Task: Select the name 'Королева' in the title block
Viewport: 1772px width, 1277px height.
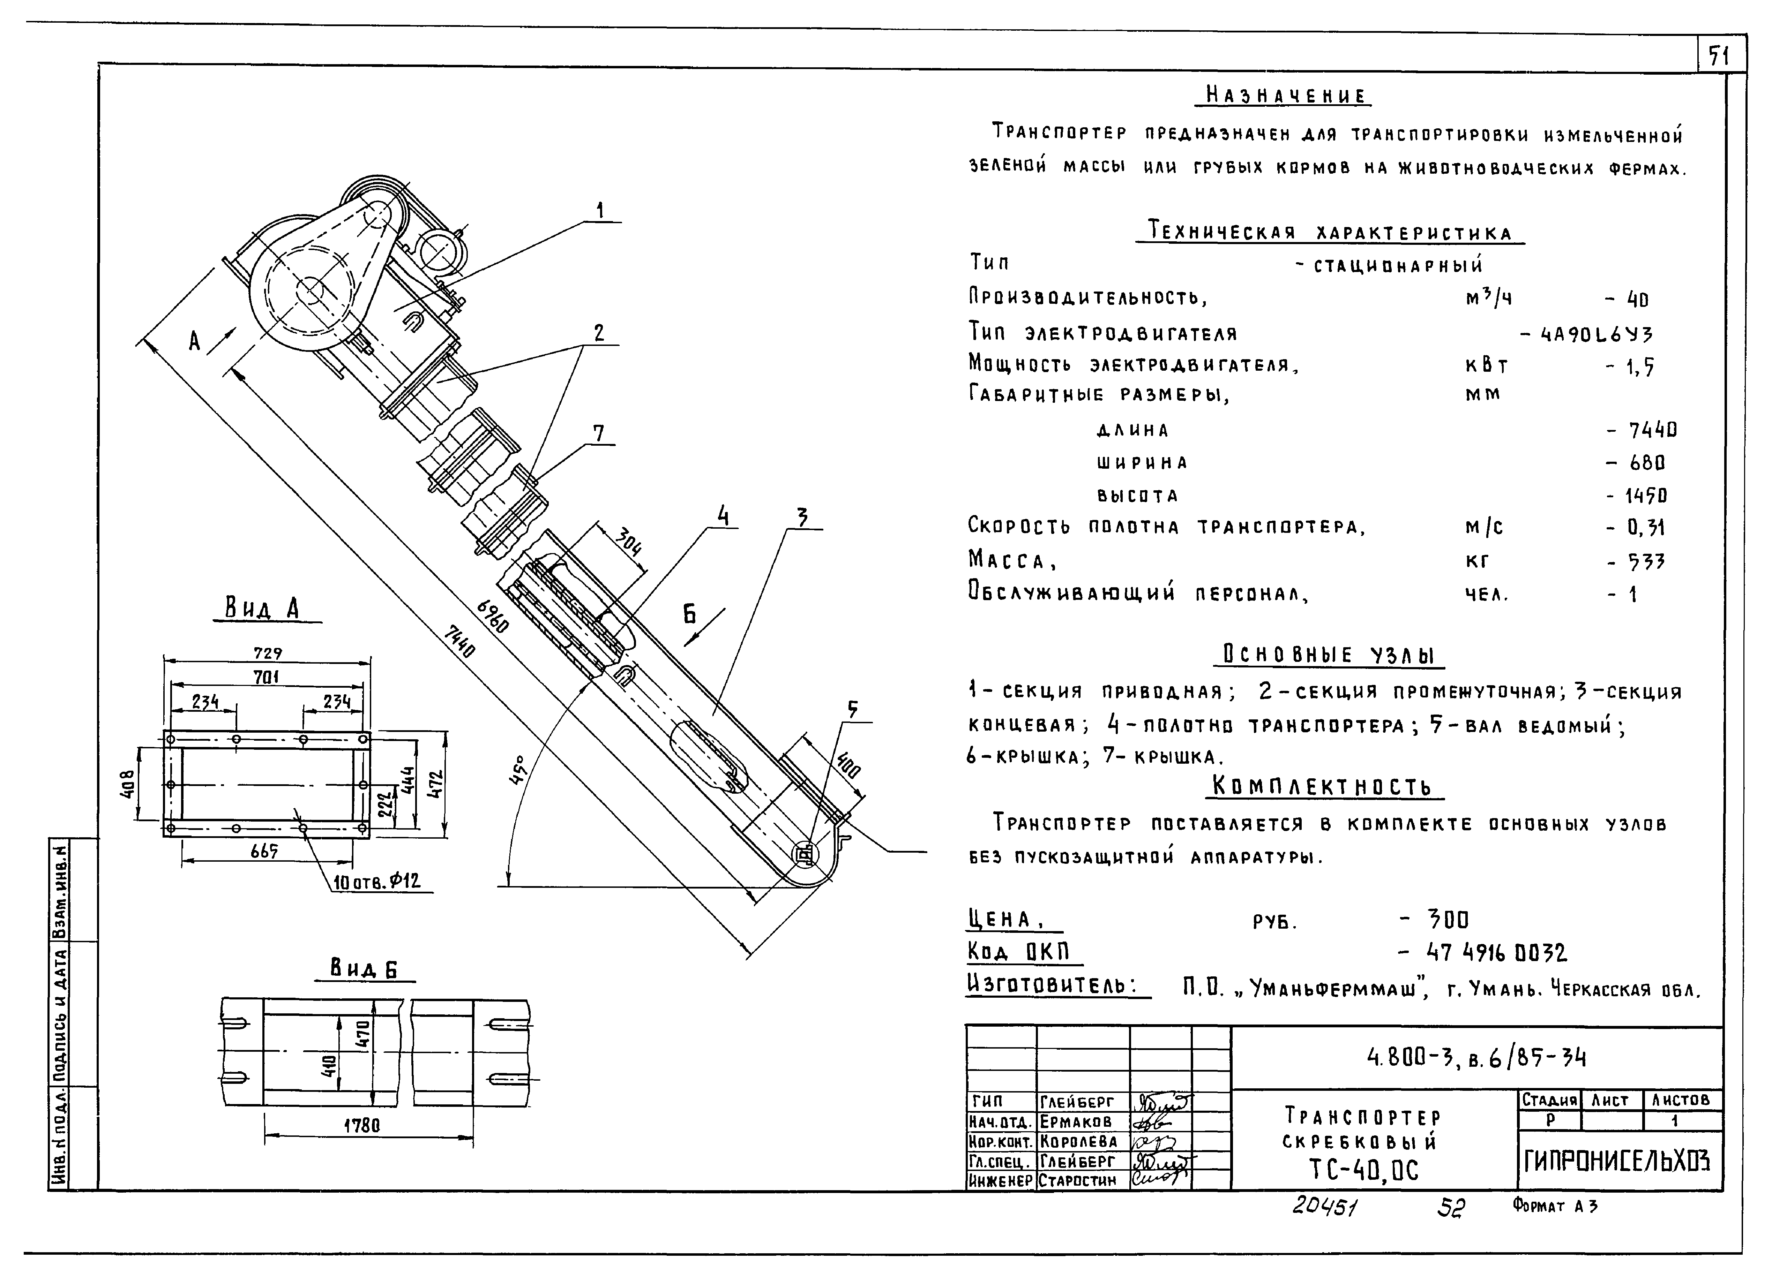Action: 1079,1141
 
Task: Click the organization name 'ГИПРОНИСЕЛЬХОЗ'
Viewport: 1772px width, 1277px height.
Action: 1617,1162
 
